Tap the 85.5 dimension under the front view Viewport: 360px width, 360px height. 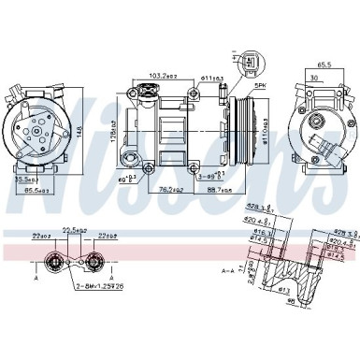coord(38,191)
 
